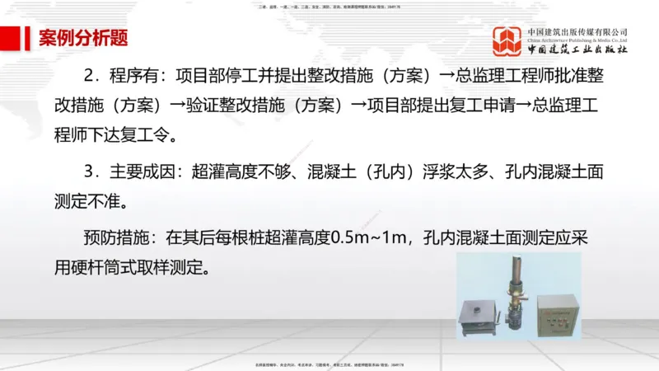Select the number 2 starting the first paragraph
(x=89, y=76)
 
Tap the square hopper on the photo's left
(x=480, y=317)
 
